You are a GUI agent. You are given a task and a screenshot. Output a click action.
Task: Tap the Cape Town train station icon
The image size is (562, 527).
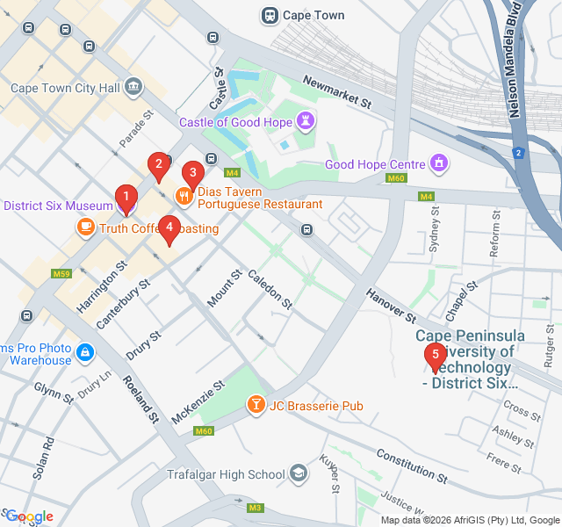[x=270, y=15]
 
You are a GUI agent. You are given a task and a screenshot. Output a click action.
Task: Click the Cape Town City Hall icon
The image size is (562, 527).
[x=133, y=87]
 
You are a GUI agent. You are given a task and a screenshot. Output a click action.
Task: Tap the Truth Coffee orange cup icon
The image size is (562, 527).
[x=85, y=228]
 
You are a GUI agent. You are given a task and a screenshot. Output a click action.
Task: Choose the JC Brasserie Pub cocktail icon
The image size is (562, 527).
[x=256, y=405]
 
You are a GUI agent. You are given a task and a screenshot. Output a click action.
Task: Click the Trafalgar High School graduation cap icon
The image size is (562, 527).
[x=299, y=474]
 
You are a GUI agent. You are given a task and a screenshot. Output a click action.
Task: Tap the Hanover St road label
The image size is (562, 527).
[x=391, y=302]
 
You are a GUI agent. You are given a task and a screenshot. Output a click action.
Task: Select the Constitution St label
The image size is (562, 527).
[x=411, y=467]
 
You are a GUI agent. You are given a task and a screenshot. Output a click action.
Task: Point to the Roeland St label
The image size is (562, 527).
[x=140, y=399]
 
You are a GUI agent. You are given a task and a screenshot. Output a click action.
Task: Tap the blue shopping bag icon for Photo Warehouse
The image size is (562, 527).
[x=84, y=353]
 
